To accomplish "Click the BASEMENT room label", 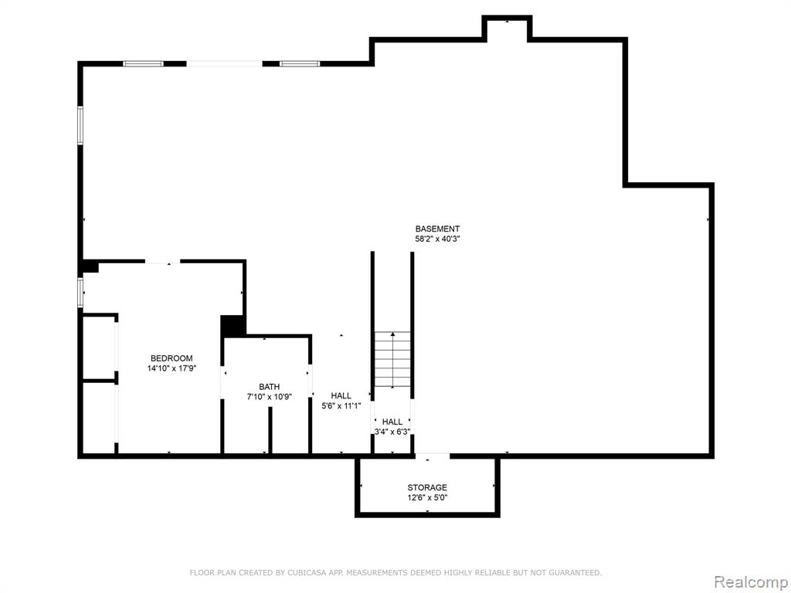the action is [x=437, y=229].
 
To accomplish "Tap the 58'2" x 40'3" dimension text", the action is [x=437, y=239].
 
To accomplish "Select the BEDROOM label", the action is [x=171, y=358].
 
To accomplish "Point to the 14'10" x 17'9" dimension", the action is [x=171, y=368].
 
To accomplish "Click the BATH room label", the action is [x=270, y=387].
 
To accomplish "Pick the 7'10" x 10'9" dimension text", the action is [x=270, y=397].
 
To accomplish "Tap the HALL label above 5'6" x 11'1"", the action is [x=341, y=396].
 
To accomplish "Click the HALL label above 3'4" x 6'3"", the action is [x=392, y=422].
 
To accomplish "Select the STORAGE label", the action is [x=427, y=488].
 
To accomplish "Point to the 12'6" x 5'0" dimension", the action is [x=427, y=498].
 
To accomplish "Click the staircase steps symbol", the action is [x=392, y=360].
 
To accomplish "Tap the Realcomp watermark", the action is [x=750, y=582].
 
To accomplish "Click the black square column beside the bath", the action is [x=233, y=326].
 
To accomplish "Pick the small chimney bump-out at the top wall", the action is [x=507, y=28].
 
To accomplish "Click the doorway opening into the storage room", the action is [x=433, y=456].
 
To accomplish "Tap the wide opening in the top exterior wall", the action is [x=225, y=64].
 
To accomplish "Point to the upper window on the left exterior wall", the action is [x=80, y=126].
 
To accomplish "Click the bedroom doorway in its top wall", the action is [x=162, y=261].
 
